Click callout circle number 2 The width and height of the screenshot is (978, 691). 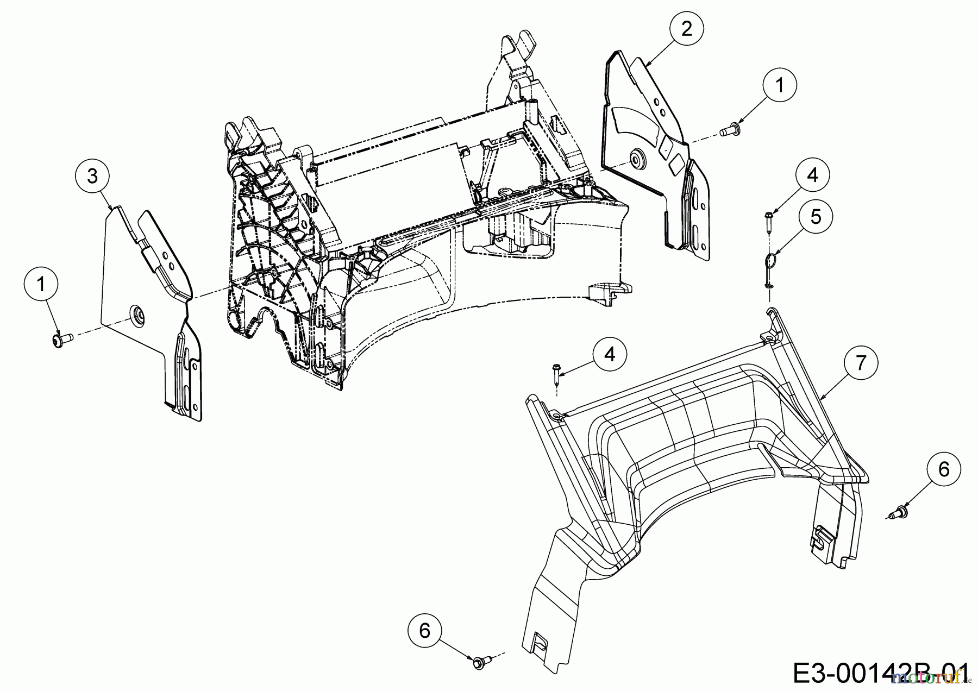point(687,29)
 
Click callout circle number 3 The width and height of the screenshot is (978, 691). point(92,176)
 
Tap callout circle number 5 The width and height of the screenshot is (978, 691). point(816,217)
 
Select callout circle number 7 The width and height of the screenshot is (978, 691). point(860,363)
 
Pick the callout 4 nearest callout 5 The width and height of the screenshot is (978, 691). point(813,175)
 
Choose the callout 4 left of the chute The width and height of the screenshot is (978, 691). point(610,354)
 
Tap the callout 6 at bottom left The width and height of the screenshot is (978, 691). point(425,631)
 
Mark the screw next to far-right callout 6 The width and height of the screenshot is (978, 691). point(899,511)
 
